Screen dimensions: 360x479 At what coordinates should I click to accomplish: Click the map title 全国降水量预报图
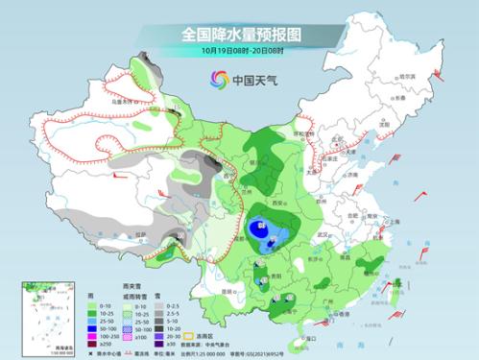pos(240,35)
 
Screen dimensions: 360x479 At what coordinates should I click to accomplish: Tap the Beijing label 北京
pos(331,141)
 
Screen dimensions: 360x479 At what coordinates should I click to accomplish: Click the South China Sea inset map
pos(43,317)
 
